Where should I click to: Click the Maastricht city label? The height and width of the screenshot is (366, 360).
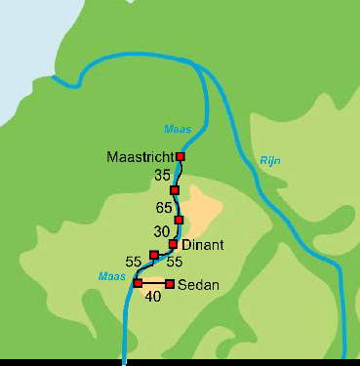coord(140,157)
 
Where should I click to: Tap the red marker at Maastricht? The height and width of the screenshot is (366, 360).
coord(180,156)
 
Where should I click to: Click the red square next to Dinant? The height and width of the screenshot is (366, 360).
coord(173,244)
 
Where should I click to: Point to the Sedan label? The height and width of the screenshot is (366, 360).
coord(198,285)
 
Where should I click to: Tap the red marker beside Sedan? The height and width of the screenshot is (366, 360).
coord(170,284)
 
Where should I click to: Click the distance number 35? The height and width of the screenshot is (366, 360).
coord(162,175)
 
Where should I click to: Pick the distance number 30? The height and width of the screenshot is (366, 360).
coord(162,231)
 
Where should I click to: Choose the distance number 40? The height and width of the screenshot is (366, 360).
coord(152,296)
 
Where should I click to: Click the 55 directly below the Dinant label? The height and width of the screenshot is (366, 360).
coord(175,263)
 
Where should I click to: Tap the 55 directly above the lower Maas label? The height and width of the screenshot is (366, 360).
coord(134,262)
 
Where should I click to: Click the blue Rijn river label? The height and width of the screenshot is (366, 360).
coord(270,161)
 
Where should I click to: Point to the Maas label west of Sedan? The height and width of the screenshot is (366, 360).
coord(111,277)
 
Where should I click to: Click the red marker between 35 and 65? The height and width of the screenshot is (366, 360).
coord(175,189)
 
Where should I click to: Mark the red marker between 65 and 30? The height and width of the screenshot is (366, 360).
coord(179,220)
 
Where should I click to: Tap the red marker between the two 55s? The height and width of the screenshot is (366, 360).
coord(154,255)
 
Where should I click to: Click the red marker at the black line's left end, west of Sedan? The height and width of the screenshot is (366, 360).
coord(138,283)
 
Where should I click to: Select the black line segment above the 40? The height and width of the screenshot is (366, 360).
coord(153,284)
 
